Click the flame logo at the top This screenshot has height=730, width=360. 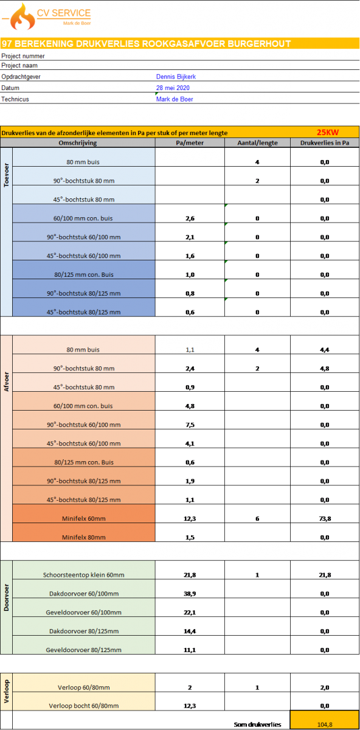tap(22, 17)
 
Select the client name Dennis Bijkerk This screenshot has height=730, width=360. tap(176, 77)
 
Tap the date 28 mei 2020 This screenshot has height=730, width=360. tap(173, 88)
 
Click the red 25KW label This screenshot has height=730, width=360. tap(327, 133)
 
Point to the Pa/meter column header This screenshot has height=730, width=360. tap(190, 143)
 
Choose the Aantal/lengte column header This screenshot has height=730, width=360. tap(257, 143)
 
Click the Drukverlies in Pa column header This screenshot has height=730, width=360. tap(325, 143)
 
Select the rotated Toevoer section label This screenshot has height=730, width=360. tap(6, 175)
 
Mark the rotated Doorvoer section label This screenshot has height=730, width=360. tap(6, 597)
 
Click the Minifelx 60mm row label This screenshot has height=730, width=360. tap(84, 518)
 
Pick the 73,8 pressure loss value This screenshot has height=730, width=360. tap(325, 518)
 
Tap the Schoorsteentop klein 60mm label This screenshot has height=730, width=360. tap(84, 575)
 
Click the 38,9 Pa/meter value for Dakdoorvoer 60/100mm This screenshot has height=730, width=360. tap(190, 594)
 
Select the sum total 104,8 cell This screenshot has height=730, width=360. tap(325, 720)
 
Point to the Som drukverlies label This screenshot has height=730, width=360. tap(257, 725)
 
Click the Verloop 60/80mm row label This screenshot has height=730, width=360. tap(84, 687)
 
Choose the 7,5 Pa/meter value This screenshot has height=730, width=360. tap(190, 425)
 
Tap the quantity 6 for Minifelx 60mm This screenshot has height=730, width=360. tap(257, 518)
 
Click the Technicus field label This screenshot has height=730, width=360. tap(15, 99)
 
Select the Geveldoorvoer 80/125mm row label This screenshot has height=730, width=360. tap(84, 650)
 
